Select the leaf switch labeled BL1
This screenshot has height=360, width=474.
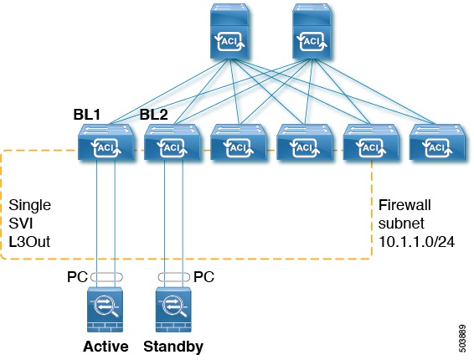click(x=104, y=143)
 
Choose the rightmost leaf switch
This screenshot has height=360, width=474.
click(x=434, y=143)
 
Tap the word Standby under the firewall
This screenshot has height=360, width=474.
click(x=173, y=346)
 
